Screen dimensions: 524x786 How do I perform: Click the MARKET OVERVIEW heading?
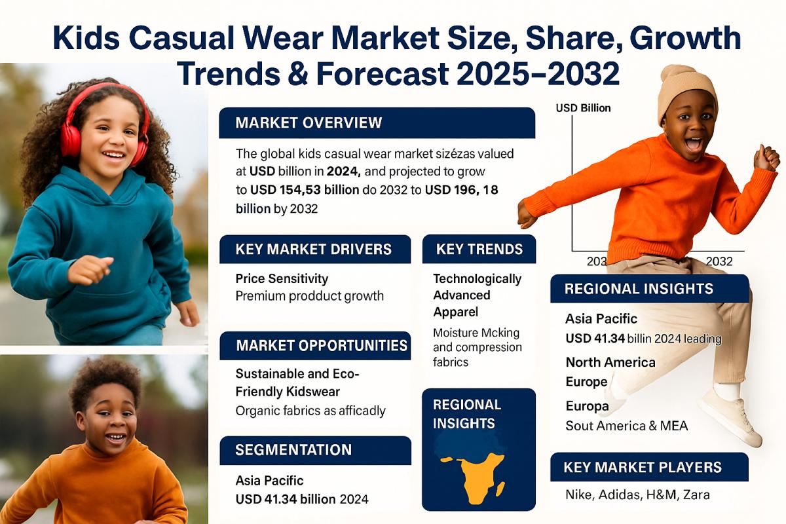[309, 123]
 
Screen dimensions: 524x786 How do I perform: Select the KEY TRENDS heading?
[479, 249]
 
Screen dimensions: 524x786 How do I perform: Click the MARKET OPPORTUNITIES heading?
[321, 345]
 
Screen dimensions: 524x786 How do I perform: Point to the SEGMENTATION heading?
[293, 450]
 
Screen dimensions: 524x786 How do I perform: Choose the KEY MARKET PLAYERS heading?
[643, 467]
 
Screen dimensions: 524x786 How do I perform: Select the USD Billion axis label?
[583, 108]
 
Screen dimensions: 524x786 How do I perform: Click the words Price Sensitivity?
[282, 279]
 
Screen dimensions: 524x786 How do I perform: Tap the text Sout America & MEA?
[627, 426]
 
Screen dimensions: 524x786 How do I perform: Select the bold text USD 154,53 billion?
[305, 191]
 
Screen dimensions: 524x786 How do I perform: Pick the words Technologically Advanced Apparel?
[477, 295]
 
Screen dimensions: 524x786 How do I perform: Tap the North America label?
[610, 362]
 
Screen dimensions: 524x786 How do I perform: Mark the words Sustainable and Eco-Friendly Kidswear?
[298, 383]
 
